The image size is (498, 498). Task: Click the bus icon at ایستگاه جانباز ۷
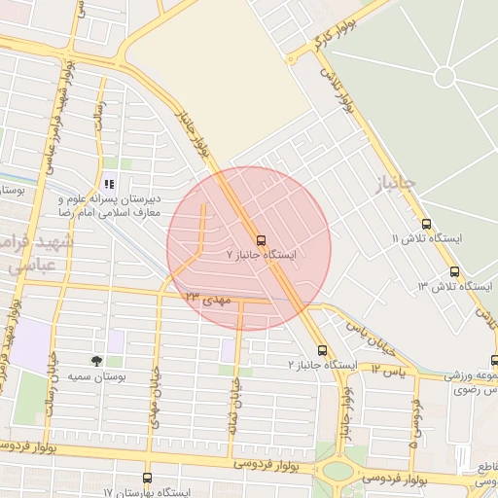pyautogui.click(x=261, y=239)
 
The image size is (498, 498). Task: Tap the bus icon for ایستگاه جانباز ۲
pyautogui.click(x=322, y=350)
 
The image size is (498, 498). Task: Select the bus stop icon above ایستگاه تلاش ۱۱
pyautogui.click(x=426, y=224)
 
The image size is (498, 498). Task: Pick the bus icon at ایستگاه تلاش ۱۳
pyautogui.click(x=454, y=271)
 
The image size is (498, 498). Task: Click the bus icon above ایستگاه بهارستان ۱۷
pyautogui.click(x=147, y=479)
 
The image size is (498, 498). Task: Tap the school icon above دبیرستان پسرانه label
pyautogui.click(x=109, y=183)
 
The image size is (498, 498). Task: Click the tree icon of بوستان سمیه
pyautogui.click(x=95, y=361)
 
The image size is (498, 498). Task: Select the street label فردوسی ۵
pyautogui.click(x=416, y=423)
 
